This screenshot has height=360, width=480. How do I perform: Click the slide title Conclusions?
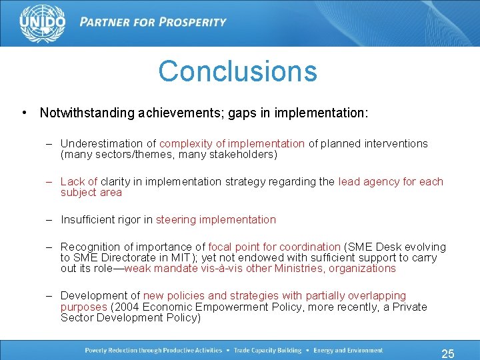[237, 71]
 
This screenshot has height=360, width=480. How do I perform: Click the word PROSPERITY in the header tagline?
[190, 22]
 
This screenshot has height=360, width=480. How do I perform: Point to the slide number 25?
[448, 353]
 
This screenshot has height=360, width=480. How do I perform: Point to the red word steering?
[177, 219]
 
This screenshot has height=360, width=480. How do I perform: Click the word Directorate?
[131, 258]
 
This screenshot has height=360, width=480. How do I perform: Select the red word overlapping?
[378, 296]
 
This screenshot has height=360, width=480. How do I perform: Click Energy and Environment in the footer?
[347, 351]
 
